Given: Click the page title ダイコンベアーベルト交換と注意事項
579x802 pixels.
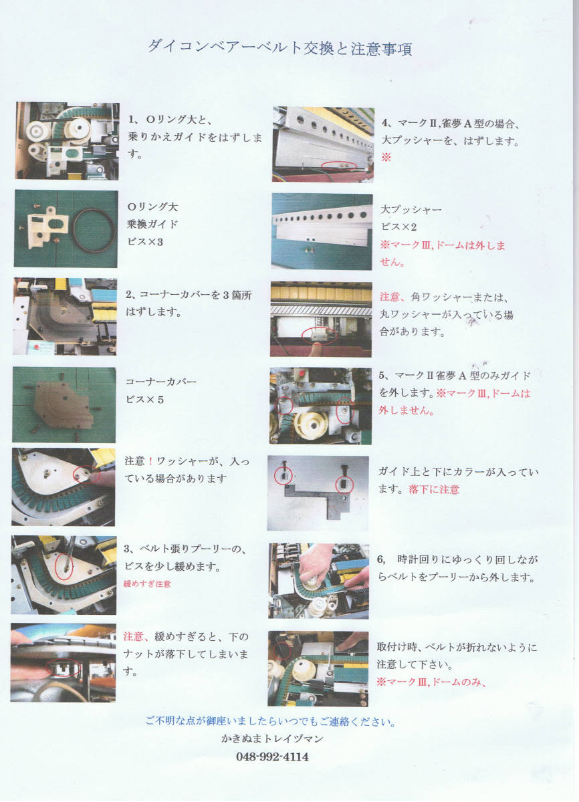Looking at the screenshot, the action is pyautogui.click(x=280, y=48).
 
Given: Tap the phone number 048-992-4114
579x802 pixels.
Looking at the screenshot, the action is pyautogui.click(x=272, y=757).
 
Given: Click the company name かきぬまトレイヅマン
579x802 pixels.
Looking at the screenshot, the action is pyautogui.click(x=272, y=739).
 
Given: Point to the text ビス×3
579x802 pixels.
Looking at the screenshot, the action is pyautogui.click(x=145, y=242).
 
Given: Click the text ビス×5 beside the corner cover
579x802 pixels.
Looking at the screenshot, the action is pyautogui.click(x=144, y=400).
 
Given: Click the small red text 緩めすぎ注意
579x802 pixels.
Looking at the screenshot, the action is pyautogui.click(x=147, y=584).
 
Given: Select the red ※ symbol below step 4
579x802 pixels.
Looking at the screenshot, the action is pyautogui.click(x=386, y=157).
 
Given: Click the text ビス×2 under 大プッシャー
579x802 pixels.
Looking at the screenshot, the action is pyautogui.click(x=398, y=227).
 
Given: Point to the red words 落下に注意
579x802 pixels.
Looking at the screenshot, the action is pyautogui.click(x=434, y=489).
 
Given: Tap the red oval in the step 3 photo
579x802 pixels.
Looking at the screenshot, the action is pyautogui.click(x=64, y=567).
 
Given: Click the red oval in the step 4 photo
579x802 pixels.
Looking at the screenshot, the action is pyautogui.click(x=340, y=166).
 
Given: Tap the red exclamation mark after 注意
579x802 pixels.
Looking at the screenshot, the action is pyautogui.click(x=150, y=461).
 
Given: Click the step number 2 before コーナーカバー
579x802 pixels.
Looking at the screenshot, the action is pyautogui.click(x=128, y=295).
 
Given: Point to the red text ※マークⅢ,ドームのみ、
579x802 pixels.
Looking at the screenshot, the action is pyautogui.click(x=431, y=682).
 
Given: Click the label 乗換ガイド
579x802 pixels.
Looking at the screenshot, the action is pyautogui.click(x=152, y=224).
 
